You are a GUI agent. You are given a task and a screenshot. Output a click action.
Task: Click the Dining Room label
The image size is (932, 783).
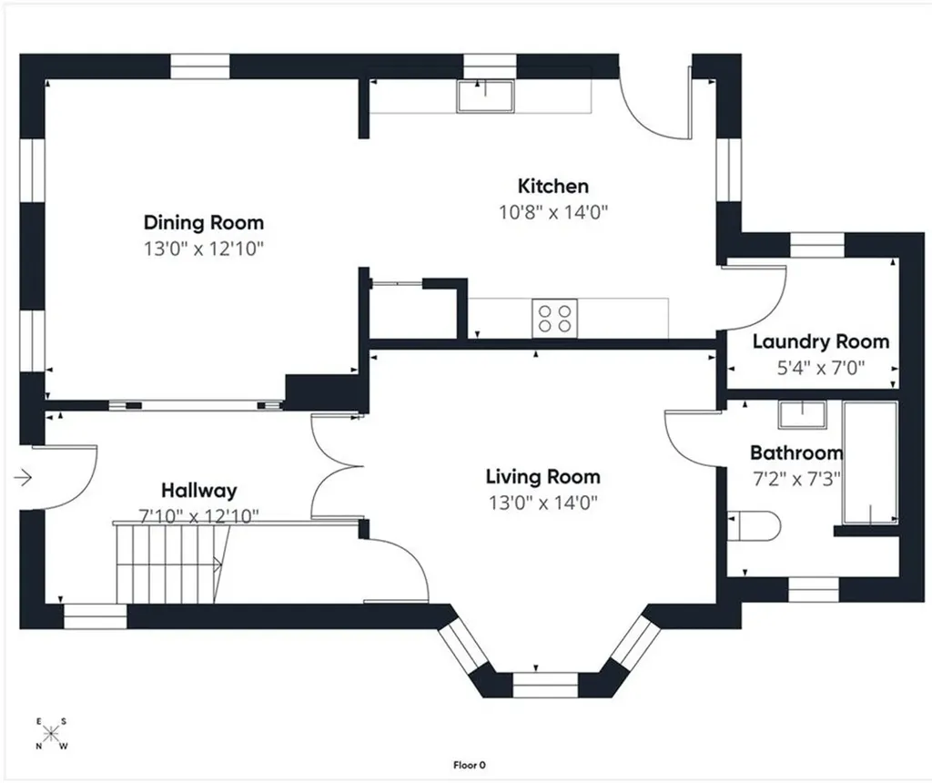[204, 223]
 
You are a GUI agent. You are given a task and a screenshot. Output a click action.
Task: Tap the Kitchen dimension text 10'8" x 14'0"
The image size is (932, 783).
[553, 211]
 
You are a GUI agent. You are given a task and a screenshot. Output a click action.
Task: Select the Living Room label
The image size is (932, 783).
[543, 477]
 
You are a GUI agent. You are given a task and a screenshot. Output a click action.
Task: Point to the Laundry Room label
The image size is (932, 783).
[821, 341]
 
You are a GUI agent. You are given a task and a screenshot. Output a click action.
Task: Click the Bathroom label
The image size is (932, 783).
[796, 453]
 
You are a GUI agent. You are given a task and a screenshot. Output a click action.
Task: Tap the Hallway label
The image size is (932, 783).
[199, 491]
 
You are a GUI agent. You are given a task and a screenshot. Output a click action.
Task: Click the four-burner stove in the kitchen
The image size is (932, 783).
[554, 318]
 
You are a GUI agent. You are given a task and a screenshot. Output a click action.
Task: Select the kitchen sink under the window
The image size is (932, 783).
[485, 97]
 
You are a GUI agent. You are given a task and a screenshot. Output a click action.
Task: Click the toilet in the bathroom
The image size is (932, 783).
[753, 525]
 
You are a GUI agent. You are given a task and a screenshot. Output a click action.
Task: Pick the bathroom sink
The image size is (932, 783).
[803, 414]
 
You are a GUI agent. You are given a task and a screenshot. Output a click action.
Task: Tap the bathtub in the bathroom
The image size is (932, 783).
[869, 463]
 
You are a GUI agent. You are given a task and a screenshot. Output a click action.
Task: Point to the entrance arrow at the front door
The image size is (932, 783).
[23, 477]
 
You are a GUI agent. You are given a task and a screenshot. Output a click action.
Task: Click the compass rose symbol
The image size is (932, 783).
[51, 734]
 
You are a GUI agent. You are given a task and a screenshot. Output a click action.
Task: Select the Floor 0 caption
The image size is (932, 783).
[470, 765]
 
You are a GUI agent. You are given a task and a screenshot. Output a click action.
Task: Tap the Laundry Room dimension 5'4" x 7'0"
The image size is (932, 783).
[821, 368]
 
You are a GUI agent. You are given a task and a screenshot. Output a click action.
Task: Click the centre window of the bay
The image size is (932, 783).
[545, 685]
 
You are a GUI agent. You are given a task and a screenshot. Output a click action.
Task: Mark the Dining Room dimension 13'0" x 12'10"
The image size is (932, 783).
[204, 249]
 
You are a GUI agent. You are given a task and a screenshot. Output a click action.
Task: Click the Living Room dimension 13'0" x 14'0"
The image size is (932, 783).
[543, 503]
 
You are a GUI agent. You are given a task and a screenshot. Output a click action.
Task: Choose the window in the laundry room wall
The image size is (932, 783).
[816, 245]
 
